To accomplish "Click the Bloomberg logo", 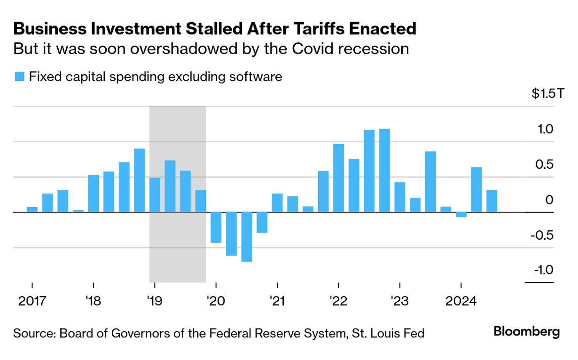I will coord(526,332).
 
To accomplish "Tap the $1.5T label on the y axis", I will coord(547,94).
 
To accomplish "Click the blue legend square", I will coord(19,77).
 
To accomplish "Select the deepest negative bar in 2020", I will coord(247,237).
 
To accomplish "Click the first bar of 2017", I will coord(32,210).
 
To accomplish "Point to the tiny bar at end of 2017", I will coord(78,211).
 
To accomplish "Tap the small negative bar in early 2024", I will coord(461,215).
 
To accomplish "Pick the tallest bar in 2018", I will coord(140,180).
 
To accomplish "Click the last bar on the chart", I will coord(492,201).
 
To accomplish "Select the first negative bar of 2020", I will coord(216,227).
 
